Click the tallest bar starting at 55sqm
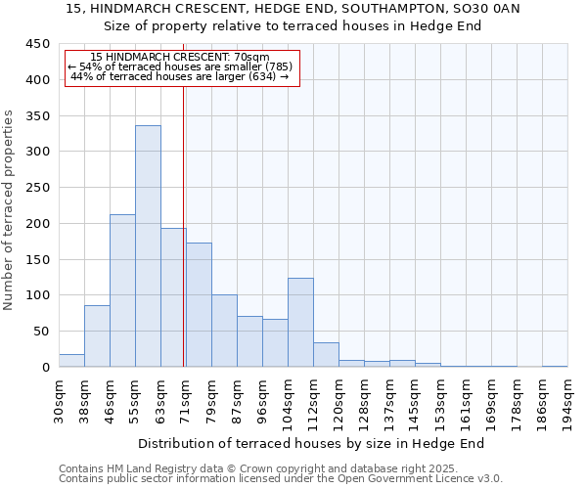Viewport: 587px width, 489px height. [x=148, y=246]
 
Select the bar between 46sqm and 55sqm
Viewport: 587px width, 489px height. [x=122, y=290]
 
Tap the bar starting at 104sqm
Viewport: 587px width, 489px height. [x=300, y=323]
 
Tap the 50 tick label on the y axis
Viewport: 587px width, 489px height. [x=42, y=332]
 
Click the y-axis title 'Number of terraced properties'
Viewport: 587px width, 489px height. [x=10, y=209]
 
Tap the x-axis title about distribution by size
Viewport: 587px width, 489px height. [x=318, y=444]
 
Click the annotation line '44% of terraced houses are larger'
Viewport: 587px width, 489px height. [x=180, y=76]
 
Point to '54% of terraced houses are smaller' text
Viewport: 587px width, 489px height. [x=180, y=67]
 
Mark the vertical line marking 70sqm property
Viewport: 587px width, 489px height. [x=184, y=225]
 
